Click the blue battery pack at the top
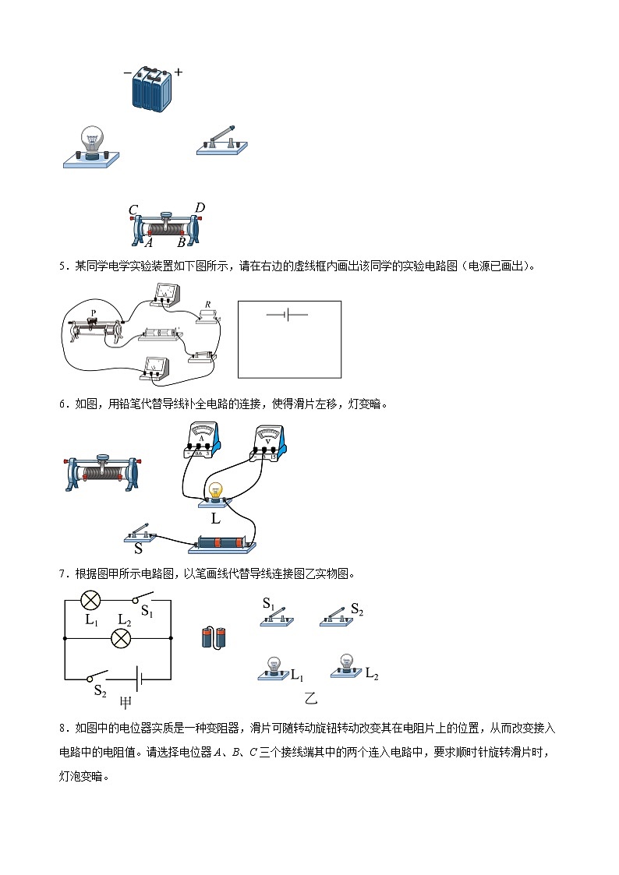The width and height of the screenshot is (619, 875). click(x=153, y=89)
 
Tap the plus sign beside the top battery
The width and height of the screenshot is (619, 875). click(x=179, y=72)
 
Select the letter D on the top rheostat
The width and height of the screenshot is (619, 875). click(x=200, y=208)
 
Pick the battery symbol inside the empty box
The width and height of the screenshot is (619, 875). click(x=287, y=315)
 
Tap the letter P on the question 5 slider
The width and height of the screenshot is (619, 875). click(x=94, y=313)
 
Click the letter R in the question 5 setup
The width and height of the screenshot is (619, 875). click(x=207, y=305)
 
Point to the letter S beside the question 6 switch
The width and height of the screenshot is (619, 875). click(x=138, y=548)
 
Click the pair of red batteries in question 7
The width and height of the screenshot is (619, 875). click(x=214, y=637)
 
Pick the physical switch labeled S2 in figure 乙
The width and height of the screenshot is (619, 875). click(x=338, y=617)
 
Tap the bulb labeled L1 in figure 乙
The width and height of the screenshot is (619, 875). click(x=274, y=669)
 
